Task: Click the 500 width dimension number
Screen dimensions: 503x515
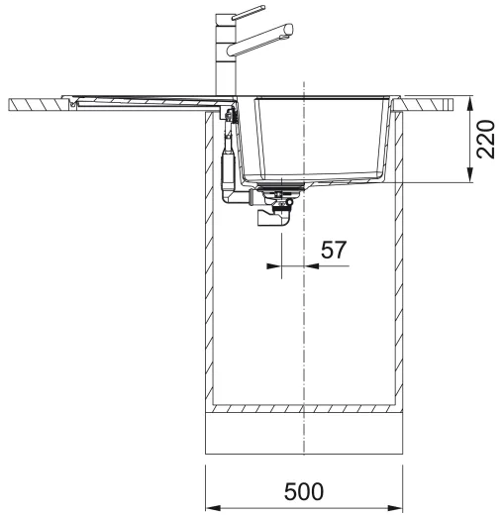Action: (x=304, y=491)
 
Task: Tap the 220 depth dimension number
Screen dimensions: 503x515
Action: (x=486, y=139)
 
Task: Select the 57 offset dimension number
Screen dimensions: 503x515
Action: (x=334, y=250)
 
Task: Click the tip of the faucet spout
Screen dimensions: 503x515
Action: (x=290, y=29)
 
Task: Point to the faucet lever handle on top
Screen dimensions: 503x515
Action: (x=249, y=13)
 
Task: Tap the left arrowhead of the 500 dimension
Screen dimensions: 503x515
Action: (x=213, y=507)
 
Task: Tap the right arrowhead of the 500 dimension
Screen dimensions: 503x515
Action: (x=395, y=507)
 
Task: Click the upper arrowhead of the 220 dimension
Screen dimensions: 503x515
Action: (x=470, y=103)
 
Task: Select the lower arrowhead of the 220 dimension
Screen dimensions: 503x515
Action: (x=470, y=174)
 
